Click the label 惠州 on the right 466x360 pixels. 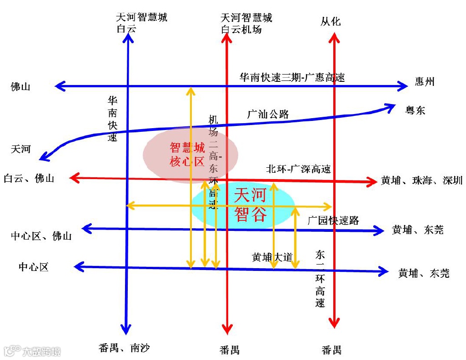(x=425, y=82)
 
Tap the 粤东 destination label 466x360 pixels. (x=415, y=110)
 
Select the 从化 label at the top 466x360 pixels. (x=330, y=22)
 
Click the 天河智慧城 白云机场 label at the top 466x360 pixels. (x=246, y=24)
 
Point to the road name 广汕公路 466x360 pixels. (x=268, y=114)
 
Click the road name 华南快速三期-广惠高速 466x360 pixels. (x=292, y=77)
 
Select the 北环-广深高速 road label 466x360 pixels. (x=298, y=169)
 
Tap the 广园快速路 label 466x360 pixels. (x=333, y=220)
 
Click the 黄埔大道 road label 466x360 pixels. (x=272, y=257)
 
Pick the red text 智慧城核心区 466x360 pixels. (x=187, y=154)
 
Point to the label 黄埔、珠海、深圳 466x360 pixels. (x=421, y=180)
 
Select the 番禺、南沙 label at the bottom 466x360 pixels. (x=124, y=348)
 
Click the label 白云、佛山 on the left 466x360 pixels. (x=29, y=178)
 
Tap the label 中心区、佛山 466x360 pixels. (x=41, y=236)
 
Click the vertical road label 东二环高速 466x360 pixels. (x=321, y=278)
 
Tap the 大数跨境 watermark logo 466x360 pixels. (x=32, y=351)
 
